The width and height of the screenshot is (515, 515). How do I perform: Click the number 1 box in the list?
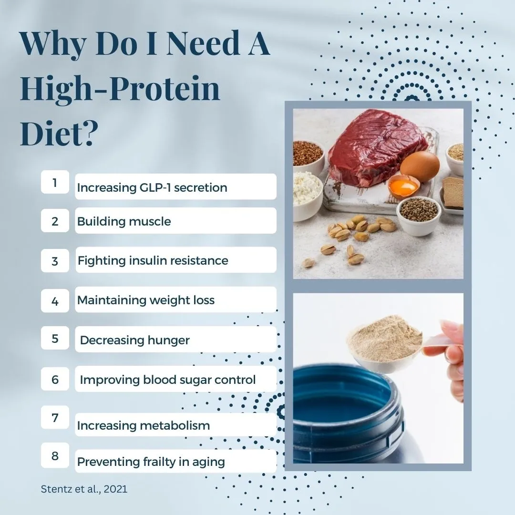click(55, 182)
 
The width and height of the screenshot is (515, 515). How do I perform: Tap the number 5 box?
click(55, 338)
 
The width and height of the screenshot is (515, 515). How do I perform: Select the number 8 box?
click(55, 455)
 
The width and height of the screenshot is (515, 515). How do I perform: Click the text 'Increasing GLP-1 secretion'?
click(152, 187)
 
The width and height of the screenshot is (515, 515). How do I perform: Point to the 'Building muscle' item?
click(124, 221)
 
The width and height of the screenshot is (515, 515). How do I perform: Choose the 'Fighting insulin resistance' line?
click(153, 260)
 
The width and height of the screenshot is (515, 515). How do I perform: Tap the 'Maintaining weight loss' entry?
click(146, 300)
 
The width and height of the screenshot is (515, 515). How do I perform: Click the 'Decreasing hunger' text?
click(134, 340)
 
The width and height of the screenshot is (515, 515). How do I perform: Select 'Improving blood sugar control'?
click(167, 380)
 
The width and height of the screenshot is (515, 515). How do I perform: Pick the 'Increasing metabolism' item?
click(143, 425)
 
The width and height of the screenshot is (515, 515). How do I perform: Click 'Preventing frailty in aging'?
click(151, 462)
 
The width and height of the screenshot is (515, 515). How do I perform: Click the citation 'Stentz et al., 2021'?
click(84, 489)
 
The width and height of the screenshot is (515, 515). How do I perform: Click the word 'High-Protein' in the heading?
click(120, 89)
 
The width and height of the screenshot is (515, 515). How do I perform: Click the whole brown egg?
click(420, 166)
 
